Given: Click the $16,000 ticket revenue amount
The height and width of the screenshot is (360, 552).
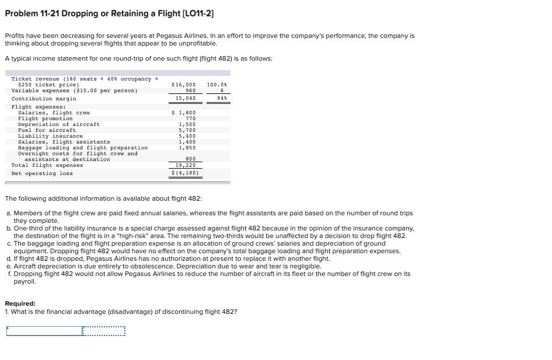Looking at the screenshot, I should (184, 85).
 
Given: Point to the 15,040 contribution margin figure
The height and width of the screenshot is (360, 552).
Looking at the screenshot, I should (187, 99).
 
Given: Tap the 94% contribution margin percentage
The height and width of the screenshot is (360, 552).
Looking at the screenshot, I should (220, 99).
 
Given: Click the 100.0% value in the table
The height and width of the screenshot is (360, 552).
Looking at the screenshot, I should (217, 85).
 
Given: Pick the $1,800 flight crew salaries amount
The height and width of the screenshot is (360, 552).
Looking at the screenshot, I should (186, 113).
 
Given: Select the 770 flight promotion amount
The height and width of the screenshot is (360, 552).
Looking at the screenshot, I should (190, 118).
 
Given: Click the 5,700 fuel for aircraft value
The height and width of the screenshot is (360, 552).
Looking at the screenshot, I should (187, 130).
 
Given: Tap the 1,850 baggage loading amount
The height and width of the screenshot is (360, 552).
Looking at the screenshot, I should (187, 148).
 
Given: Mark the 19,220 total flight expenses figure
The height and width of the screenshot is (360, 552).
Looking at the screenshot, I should (187, 165).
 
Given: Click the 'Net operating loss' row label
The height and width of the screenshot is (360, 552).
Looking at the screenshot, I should (42, 173).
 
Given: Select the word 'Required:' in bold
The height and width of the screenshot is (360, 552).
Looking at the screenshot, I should (20, 303).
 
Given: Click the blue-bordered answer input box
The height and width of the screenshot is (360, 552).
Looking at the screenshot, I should (44, 331).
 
